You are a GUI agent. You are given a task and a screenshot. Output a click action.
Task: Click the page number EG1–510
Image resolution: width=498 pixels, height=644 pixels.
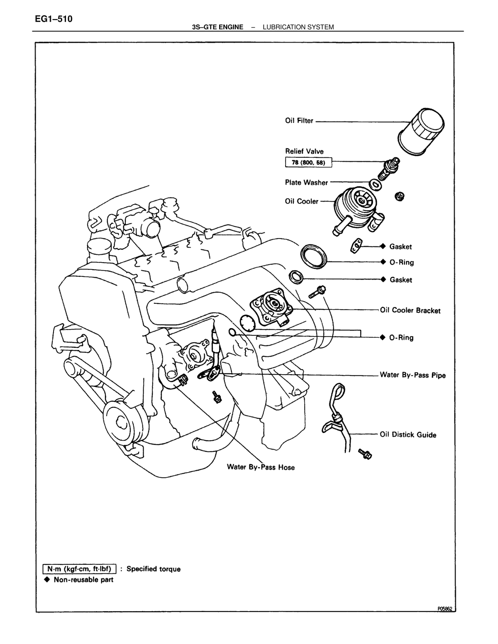coord(54,19)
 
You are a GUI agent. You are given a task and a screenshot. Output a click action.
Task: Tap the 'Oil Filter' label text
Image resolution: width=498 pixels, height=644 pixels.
coord(299,121)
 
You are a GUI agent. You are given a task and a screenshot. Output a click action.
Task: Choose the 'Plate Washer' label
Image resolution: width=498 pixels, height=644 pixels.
coord(306,182)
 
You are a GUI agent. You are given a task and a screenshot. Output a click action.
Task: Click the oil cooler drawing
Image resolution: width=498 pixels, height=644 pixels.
coord(359,210)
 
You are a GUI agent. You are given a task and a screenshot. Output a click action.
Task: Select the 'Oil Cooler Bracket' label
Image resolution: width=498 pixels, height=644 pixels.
coord(410,310)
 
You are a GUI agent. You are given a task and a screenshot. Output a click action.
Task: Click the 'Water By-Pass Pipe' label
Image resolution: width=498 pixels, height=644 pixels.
coord(413,375)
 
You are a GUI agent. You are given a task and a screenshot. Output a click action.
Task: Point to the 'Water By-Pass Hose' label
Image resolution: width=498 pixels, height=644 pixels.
coord(261,467)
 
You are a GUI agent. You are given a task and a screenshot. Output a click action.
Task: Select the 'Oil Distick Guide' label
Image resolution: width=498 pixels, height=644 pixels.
coord(408,435)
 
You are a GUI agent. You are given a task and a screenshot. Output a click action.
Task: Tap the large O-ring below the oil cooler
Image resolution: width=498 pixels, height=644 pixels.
coord(314,257)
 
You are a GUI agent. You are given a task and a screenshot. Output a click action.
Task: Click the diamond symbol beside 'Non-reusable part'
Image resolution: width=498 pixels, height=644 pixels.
coord(47,579)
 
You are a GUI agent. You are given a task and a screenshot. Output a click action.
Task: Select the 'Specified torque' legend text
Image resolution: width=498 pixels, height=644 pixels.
coord(154,569)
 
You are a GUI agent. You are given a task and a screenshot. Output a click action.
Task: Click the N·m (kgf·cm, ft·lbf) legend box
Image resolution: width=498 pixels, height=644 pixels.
coord(79,569)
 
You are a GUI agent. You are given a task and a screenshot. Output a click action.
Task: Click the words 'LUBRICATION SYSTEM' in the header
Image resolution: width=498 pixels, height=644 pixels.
coord(298,27)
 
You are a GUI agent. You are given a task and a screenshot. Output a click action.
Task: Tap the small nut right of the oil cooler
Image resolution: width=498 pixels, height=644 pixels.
coord(400,196)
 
